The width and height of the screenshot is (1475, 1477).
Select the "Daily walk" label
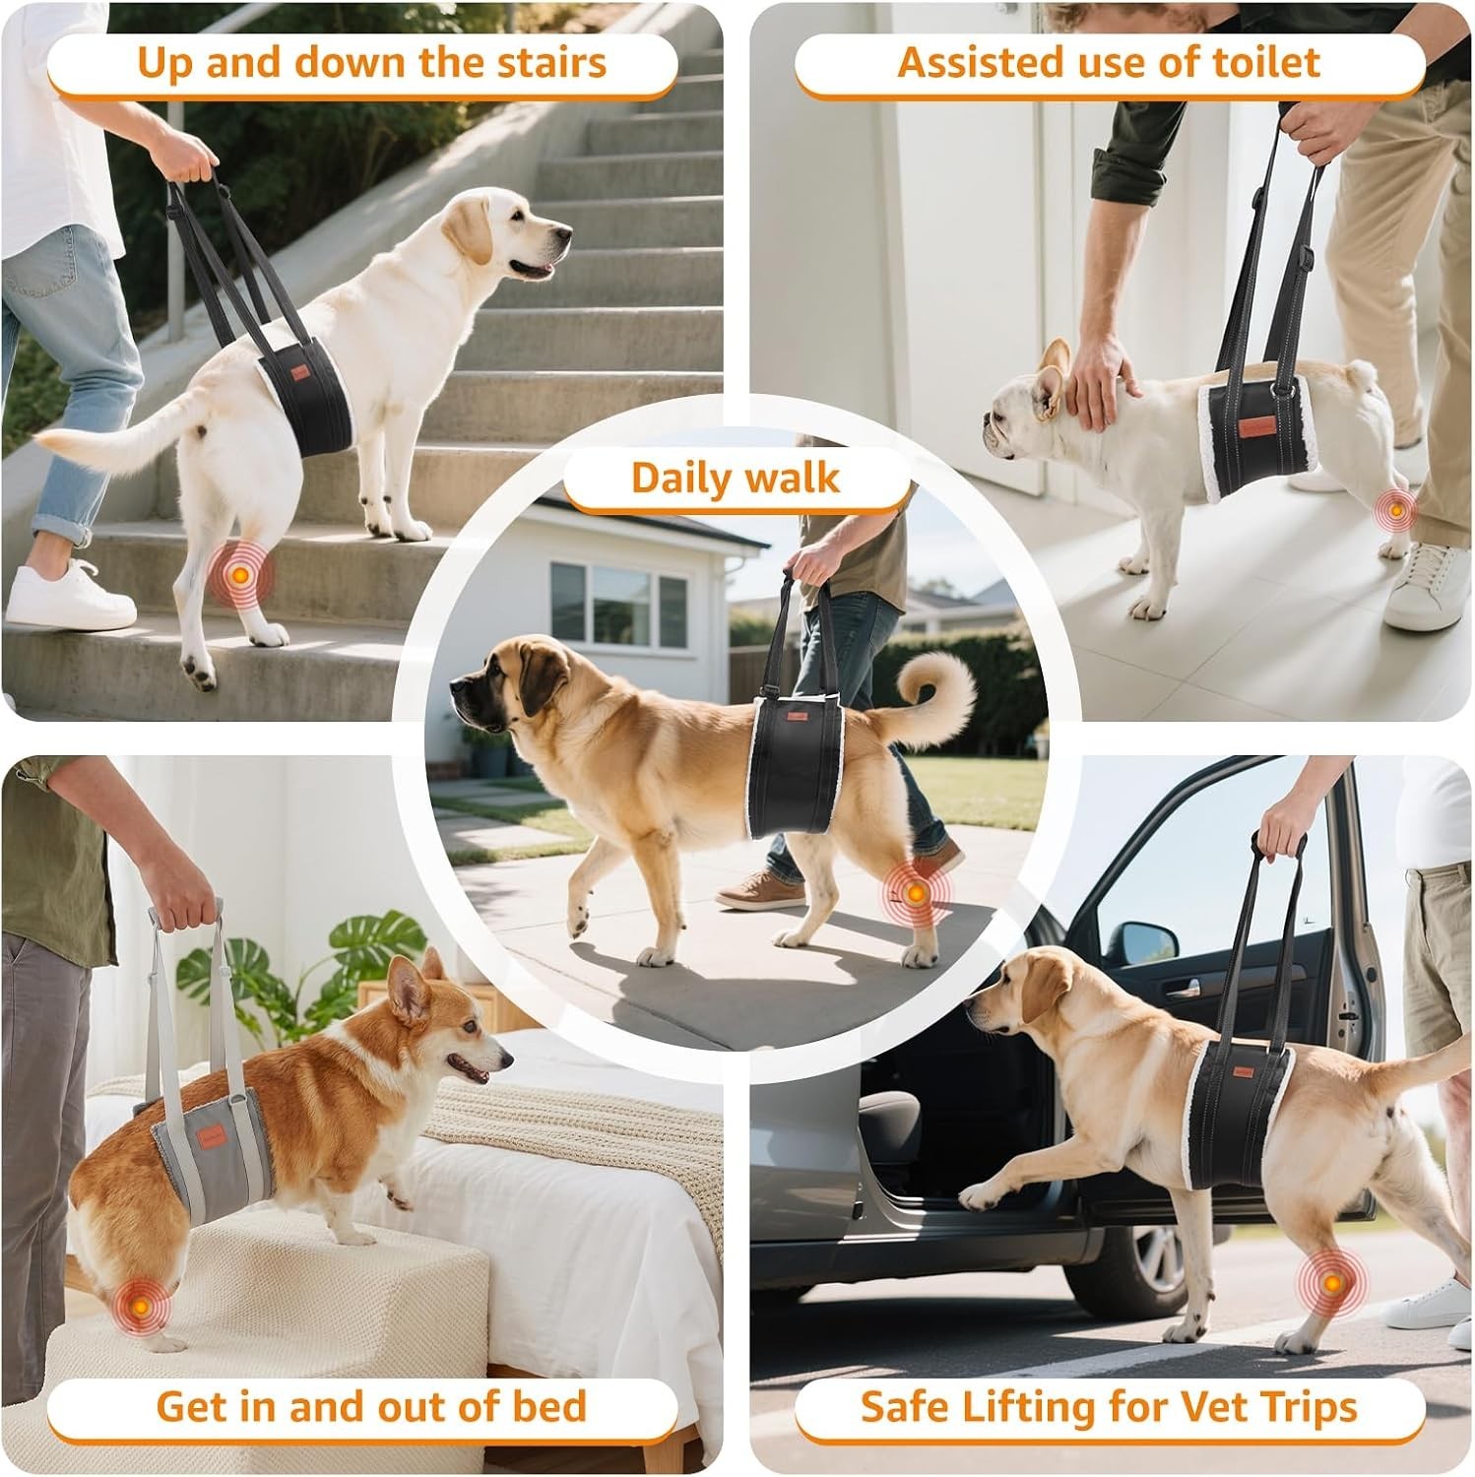click(737, 478)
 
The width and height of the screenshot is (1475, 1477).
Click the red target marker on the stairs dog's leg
click(237, 571)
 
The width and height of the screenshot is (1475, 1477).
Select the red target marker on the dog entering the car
click(1331, 1283)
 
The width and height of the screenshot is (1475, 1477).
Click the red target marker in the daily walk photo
click(916, 893)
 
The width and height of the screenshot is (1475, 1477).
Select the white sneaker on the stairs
click(69, 596)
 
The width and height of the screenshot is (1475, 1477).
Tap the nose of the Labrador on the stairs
click(565, 235)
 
